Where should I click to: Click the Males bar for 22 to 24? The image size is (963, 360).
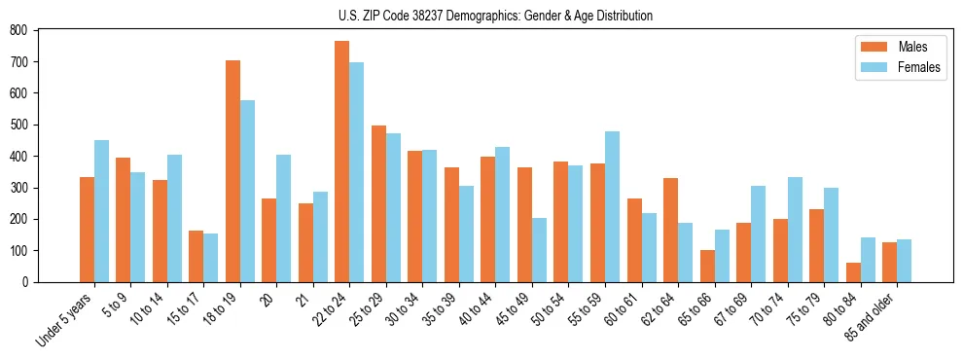tap(342, 162)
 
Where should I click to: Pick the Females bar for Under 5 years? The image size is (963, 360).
tap(101, 211)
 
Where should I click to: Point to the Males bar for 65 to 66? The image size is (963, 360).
tap(707, 266)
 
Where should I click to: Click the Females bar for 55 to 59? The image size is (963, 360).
tap(612, 206)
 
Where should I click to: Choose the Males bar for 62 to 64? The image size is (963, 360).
tap(670, 230)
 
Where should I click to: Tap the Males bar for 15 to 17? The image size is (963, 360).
tap(196, 256)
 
